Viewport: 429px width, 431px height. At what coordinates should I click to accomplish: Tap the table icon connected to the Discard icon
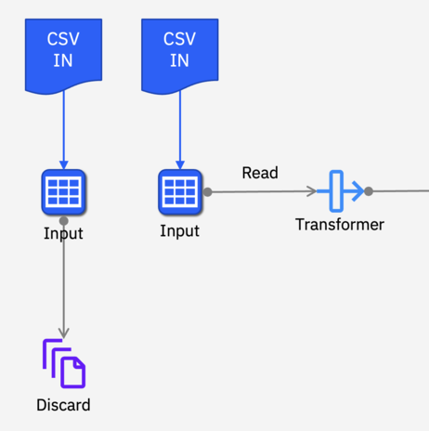63,192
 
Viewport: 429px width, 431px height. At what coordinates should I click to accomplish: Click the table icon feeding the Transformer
180,192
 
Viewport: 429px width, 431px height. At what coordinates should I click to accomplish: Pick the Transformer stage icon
340,191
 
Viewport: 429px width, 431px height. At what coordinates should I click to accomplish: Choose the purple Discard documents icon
64,363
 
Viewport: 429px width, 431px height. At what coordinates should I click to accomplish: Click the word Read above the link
260,173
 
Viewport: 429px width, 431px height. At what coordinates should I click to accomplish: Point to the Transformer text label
340,225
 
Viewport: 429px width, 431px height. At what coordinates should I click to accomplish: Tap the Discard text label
63,405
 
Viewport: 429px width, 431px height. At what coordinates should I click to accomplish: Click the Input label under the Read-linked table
179,231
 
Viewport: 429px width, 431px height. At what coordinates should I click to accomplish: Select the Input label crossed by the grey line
63,233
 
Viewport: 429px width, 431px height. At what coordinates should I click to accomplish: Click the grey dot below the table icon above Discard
64,221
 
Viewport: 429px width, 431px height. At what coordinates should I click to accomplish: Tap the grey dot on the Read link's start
208,192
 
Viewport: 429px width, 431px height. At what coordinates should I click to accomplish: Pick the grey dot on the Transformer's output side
369,191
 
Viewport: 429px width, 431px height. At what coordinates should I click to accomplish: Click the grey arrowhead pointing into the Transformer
311,191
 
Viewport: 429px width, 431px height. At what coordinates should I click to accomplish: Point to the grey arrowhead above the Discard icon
64,333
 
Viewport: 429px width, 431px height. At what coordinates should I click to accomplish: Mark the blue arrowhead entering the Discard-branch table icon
64,165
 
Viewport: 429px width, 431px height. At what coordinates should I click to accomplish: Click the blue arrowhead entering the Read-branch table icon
180,165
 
